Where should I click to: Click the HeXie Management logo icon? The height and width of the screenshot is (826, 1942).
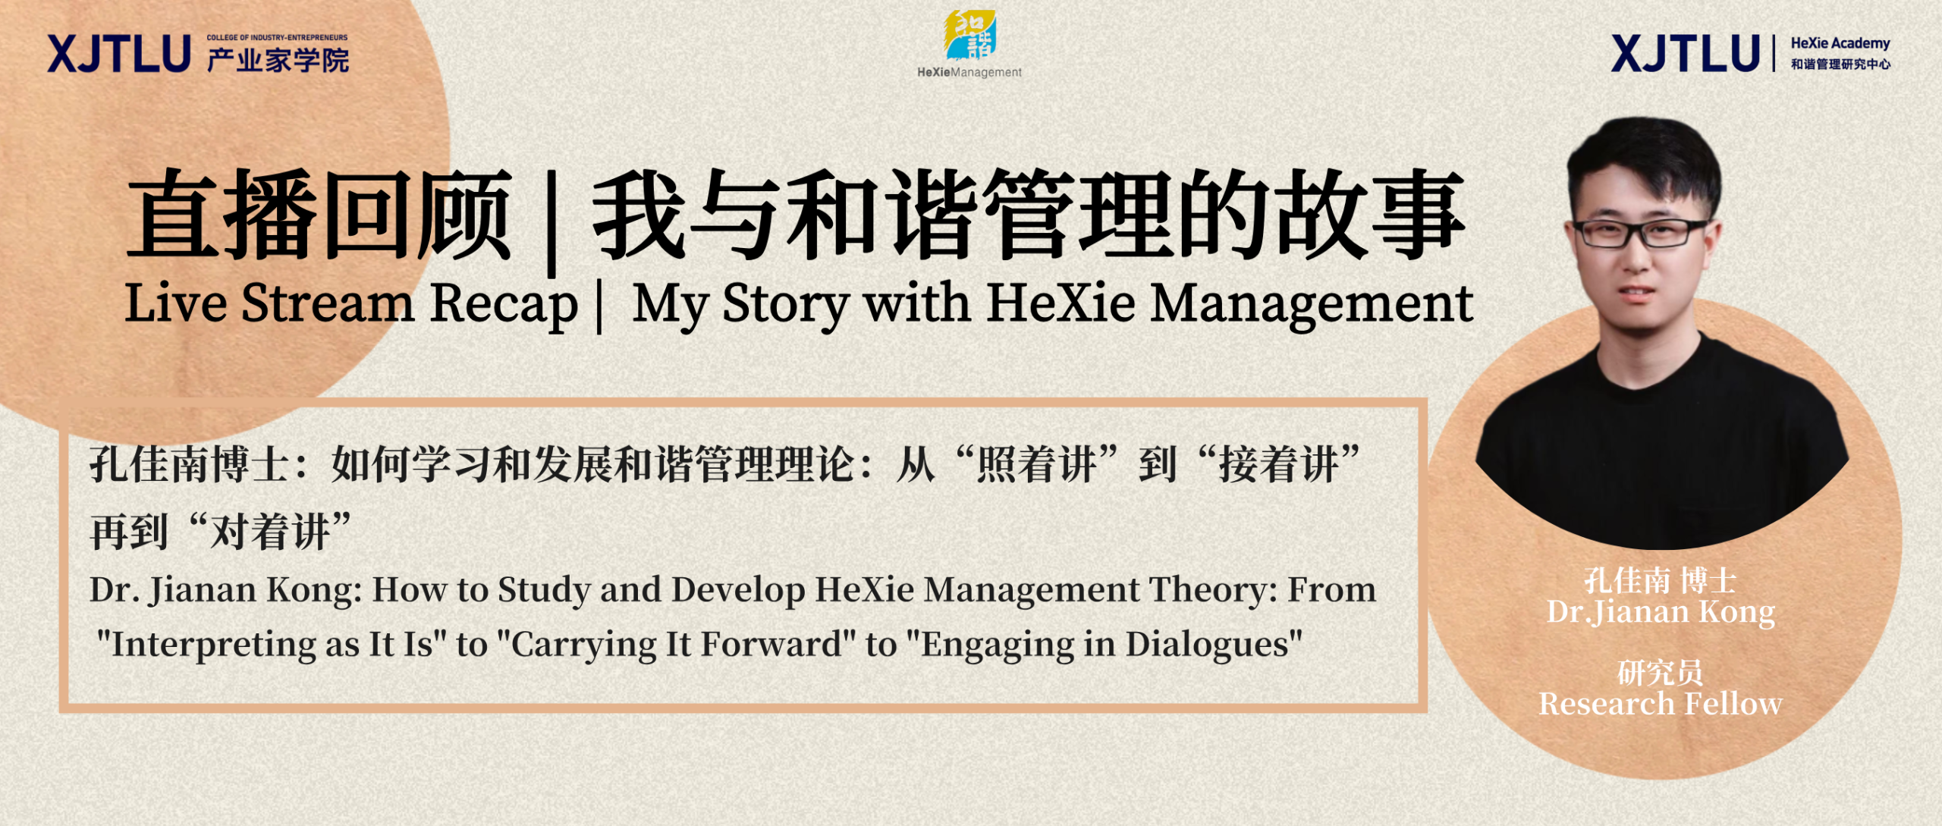(969, 35)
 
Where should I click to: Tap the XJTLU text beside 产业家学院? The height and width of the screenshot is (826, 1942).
(119, 54)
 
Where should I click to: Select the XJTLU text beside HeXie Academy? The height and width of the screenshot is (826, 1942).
(1686, 53)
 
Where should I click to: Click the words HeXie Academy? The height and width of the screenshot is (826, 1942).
(1840, 43)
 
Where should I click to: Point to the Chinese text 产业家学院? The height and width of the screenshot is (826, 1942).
(278, 60)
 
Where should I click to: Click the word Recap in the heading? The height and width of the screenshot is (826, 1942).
(504, 304)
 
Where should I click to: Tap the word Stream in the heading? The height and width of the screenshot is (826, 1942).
(328, 303)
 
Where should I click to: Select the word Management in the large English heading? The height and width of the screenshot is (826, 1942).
(1312, 304)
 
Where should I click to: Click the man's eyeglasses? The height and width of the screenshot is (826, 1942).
(1640, 232)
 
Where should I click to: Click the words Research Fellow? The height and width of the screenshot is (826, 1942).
(1661, 704)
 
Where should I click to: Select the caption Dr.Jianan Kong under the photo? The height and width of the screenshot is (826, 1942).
(1661, 612)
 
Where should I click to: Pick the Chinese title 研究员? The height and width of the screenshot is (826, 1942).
(1661, 672)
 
